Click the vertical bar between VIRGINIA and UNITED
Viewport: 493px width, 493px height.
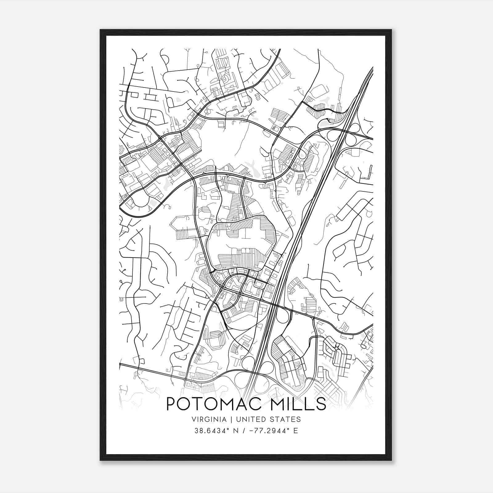(x=230, y=419)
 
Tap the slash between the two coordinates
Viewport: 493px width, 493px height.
(x=243, y=430)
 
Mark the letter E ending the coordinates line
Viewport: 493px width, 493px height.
(x=296, y=430)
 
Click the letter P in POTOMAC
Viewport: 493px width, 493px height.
(x=172, y=404)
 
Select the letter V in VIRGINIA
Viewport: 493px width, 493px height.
(x=194, y=419)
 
